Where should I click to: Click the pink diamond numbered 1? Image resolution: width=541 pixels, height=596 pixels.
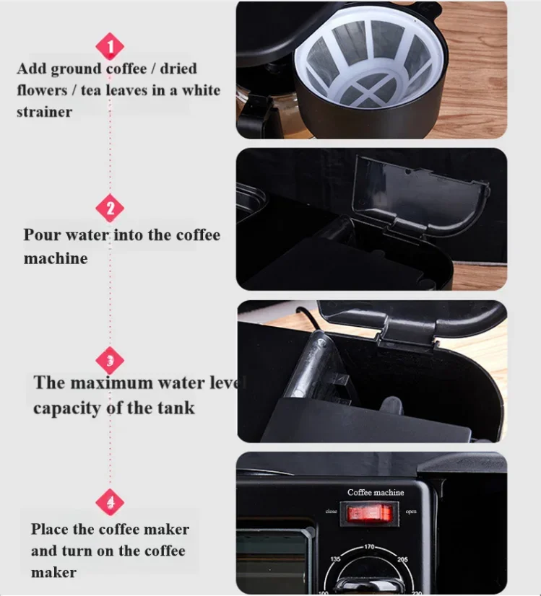pos(110,46)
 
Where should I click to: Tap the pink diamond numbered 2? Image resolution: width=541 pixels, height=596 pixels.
pos(110,208)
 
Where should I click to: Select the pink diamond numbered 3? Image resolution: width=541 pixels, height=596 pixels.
pos(110,360)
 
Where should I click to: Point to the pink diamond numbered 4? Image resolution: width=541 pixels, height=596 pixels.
pos(110,502)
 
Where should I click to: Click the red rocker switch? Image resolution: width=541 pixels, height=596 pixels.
pos(369,514)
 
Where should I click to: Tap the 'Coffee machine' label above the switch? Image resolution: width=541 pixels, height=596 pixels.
pos(376,492)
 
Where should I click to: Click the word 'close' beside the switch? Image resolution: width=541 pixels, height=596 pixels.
pos(331,512)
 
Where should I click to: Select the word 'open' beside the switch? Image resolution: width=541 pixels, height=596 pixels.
pos(411,512)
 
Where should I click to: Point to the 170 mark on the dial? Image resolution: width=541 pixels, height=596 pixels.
pos(369,547)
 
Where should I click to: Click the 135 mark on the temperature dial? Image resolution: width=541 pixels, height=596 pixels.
pos(335,559)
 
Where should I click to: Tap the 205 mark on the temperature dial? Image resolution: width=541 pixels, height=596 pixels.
pos(402,559)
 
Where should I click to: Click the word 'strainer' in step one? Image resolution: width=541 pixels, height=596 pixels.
pos(44,112)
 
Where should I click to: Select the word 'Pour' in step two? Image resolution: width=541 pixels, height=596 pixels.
pos(42,235)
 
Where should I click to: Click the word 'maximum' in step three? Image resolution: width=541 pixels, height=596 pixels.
pos(111,382)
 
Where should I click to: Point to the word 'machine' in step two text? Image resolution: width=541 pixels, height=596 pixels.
pos(56,259)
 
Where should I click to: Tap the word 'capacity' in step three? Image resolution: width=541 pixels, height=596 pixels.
pos(67,409)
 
